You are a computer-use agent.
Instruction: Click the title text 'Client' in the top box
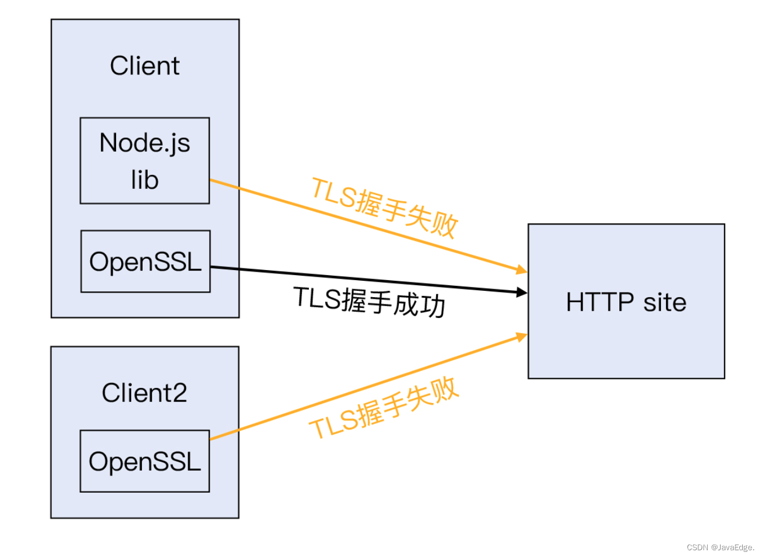(145, 66)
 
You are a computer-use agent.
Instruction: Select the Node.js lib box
(145, 161)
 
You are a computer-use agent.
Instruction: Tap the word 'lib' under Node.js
(145, 180)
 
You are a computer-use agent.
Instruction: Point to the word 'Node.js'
(145, 143)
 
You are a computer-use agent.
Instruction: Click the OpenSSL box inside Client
(145, 262)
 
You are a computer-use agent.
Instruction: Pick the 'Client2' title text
(144, 393)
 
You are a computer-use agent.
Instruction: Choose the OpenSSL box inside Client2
(145, 461)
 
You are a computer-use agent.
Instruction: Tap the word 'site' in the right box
(665, 303)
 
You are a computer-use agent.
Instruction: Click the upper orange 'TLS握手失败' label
(385, 207)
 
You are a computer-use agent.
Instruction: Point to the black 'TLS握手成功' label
(370, 302)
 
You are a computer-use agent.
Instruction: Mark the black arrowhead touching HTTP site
(522, 292)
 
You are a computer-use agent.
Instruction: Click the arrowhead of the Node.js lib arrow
(522, 271)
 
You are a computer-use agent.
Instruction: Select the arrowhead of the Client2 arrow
(522, 337)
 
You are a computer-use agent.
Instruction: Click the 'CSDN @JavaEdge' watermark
(720, 547)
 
